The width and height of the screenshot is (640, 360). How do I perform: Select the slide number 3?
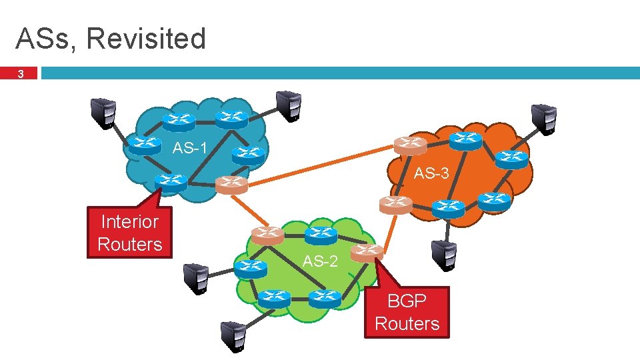[x=21, y=75]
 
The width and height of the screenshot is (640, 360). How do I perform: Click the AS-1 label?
[x=193, y=147]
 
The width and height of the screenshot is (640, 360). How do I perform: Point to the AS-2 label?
[x=320, y=261]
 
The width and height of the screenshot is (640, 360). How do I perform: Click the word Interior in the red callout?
[x=129, y=221]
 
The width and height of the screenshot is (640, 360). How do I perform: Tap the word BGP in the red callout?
[x=407, y=301]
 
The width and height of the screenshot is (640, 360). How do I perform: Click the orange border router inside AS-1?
[x=231, y=184]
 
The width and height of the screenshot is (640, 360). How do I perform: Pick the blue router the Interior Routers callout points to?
[x=170, y=181]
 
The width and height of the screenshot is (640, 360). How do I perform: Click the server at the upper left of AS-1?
[x=103, y=112]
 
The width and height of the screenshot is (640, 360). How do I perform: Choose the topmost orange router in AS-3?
[x=409, y=145]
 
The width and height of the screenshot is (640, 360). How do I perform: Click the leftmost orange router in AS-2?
[x=267, y=235]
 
